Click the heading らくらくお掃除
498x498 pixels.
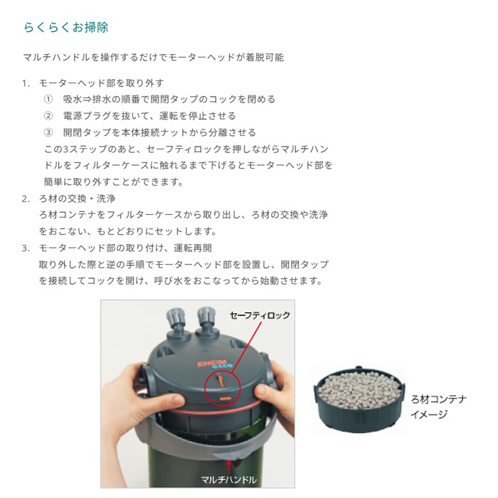[66, 28]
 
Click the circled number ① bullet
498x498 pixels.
[48, 100]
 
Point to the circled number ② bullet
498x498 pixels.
[48, 116]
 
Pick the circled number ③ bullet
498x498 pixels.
[48, 132]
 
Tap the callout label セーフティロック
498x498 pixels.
[260, 314]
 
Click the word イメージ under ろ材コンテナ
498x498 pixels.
[430, 414]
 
